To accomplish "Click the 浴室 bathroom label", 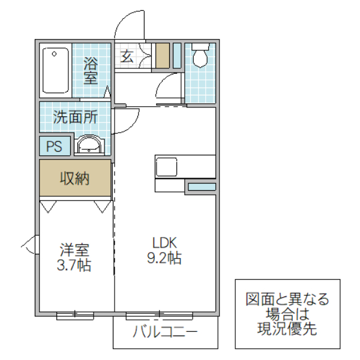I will [91, 70].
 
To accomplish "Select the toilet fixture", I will [200, 56].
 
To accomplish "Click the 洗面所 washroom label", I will [75, 117].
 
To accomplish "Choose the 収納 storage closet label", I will [75, 178].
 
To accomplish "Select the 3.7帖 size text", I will [75, 265].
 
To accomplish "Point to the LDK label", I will [163, 242].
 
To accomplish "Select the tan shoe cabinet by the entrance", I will [162, 55].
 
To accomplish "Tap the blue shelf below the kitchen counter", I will [201, 187].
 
